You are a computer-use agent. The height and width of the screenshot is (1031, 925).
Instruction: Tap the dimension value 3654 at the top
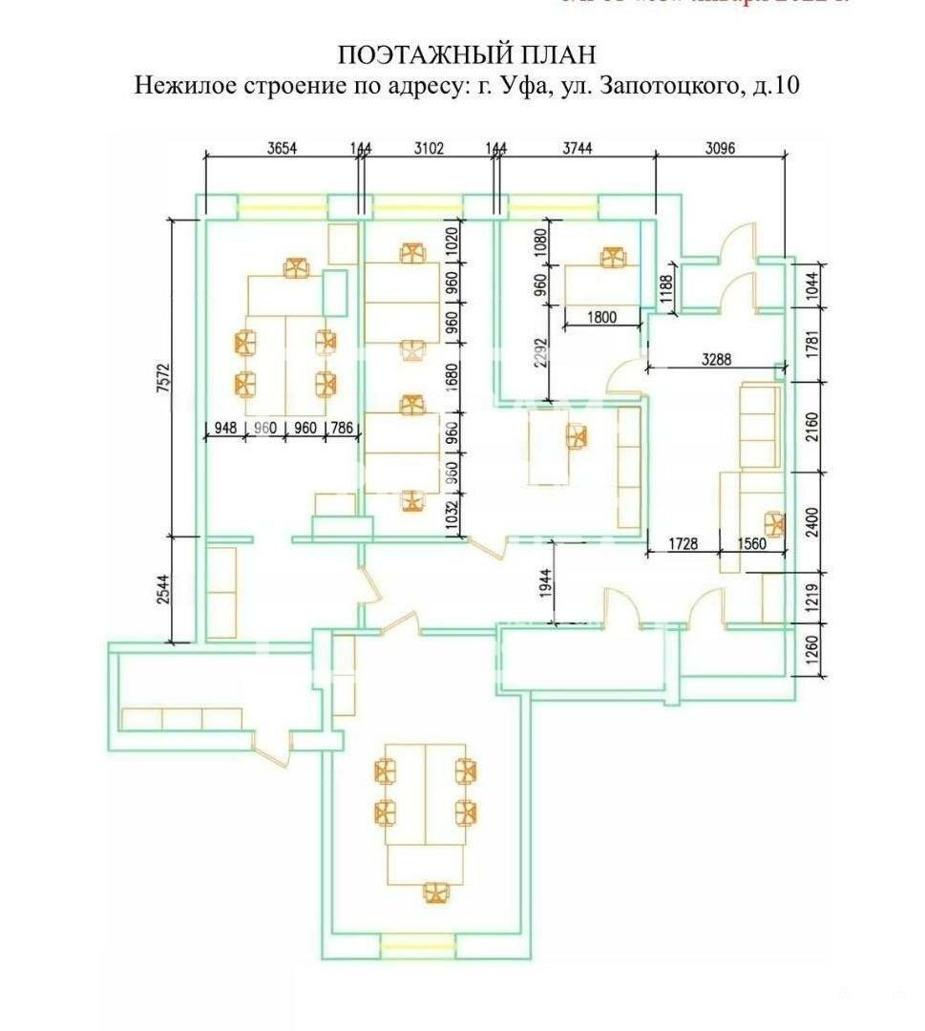(x=281, y=148)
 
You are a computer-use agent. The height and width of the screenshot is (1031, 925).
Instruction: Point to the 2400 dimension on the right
(x=812, y=521)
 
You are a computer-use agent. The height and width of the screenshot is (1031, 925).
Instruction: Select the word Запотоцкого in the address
(x=669, y=86)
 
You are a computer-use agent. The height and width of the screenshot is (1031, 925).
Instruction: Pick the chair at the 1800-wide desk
(x=612, y=258)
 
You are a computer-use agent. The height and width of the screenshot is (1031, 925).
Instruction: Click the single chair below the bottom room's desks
(x=435, y=892)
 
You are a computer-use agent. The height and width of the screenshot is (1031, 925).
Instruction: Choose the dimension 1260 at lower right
(x=812, y=651)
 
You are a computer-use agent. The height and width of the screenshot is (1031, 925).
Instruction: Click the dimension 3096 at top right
(x=723, y=148)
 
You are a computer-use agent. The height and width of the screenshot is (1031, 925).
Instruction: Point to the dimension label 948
(x=225, y=429)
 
